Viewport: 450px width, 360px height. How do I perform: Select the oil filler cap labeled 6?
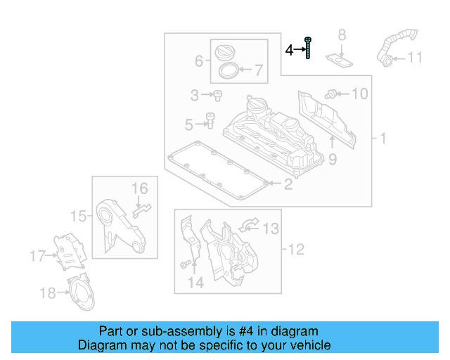click(226, 53)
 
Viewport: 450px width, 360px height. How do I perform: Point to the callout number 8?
click(342, 34)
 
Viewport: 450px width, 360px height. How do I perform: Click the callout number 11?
click(416, 58)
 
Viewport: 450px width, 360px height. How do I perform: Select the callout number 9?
click(333, 160)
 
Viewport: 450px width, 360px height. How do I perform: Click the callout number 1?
click(383, 139)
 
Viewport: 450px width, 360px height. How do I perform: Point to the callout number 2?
click(288, 185)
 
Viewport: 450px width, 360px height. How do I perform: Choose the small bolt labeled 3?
click(217, 94)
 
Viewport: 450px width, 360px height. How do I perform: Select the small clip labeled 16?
click(143, 207)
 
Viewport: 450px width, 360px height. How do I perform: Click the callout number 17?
click(37, 256)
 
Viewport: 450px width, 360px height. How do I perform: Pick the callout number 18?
click(47, 293)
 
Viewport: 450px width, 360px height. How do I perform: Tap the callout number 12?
click(295, 248)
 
